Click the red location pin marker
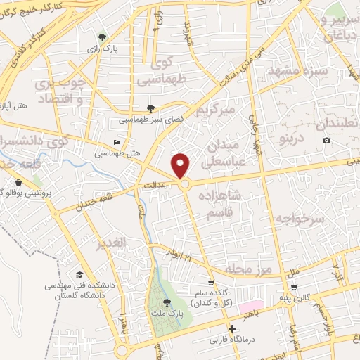tap(181, 165)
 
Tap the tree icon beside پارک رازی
tap(104, 37)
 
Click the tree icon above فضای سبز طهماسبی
tap(150, 108)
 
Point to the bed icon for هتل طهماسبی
tap(117, 142)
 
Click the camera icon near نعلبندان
tap(326, 141)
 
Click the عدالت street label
tap(163, 185)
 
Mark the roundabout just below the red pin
tap(185, 184)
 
